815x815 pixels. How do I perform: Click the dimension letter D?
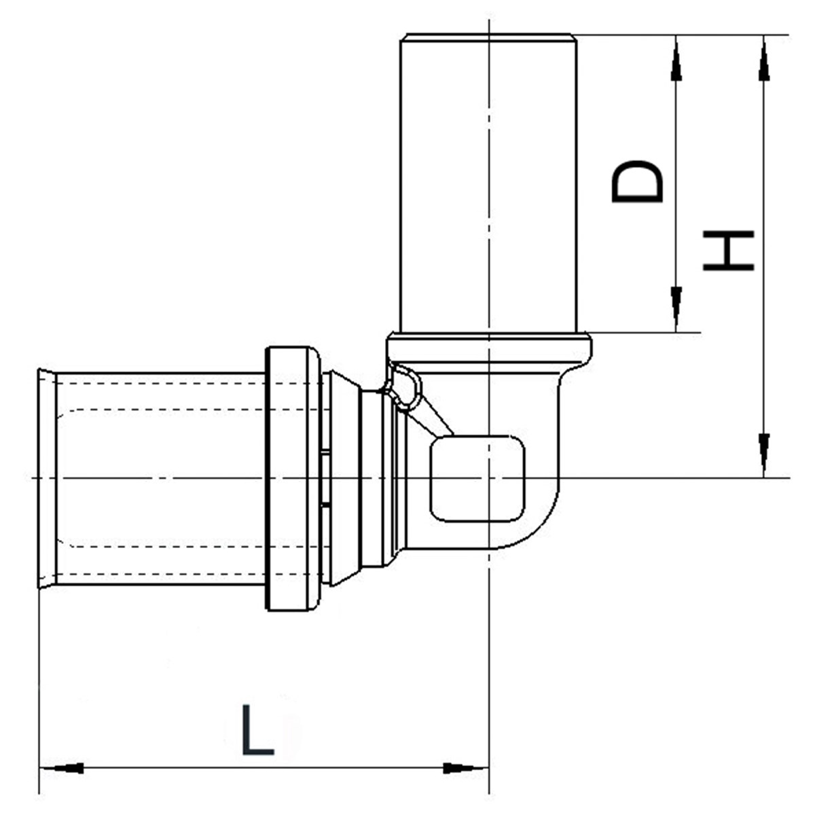tap(637, 182)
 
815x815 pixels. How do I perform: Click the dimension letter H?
tap(729, 251)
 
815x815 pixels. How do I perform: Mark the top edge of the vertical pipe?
tap(488, 36)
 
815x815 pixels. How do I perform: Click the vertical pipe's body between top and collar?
tap(488, 183)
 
